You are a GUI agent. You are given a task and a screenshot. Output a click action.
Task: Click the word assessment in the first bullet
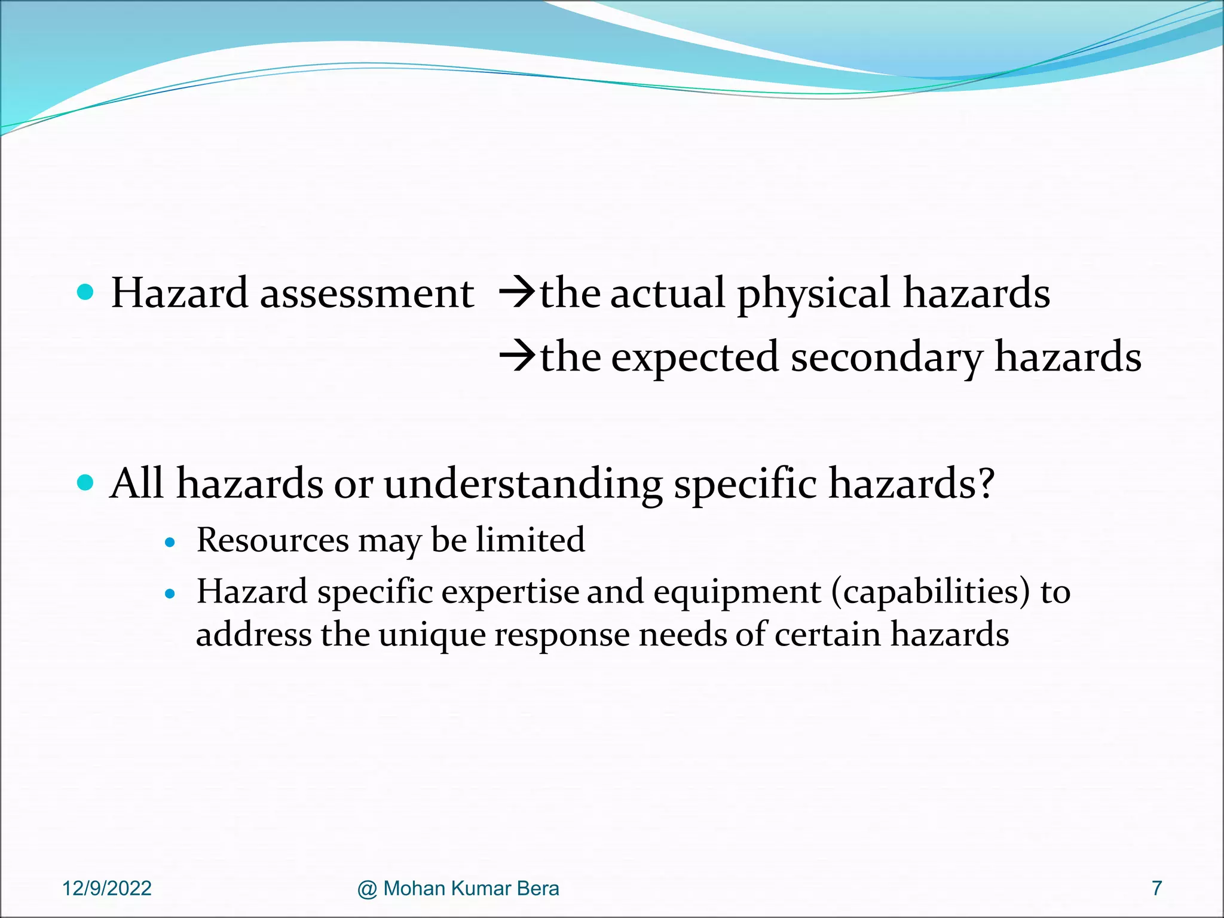pos(366,294)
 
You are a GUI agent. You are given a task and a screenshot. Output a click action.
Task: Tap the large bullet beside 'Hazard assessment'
pos(86,292)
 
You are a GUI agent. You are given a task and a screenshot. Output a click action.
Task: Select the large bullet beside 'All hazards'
pos(86,482)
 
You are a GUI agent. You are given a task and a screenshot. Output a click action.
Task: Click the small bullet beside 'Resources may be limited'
pos(171,543)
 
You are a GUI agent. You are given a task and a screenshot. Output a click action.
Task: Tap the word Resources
pos(273,540)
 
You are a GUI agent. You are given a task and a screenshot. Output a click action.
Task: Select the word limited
pos(530,540)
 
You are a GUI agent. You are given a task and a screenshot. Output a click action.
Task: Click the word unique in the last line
pos(432,635)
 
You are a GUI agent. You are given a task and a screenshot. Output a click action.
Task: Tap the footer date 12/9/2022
pos(107,889)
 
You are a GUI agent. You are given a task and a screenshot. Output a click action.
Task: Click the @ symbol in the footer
pos(367,889)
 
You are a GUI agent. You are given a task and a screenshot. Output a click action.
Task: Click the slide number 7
pos(1156,889)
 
